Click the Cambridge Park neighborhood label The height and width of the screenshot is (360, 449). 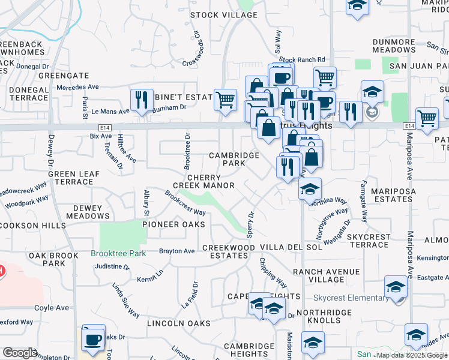234,159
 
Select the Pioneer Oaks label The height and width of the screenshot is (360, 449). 173,224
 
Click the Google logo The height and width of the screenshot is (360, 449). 20,353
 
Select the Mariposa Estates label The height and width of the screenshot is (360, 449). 393,195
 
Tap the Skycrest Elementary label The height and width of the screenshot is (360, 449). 351,298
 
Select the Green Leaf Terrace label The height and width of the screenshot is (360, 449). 70,178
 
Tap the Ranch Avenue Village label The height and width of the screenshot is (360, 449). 327,275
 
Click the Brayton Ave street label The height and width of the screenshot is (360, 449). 176,251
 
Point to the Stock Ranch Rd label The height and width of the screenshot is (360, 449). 301,60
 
